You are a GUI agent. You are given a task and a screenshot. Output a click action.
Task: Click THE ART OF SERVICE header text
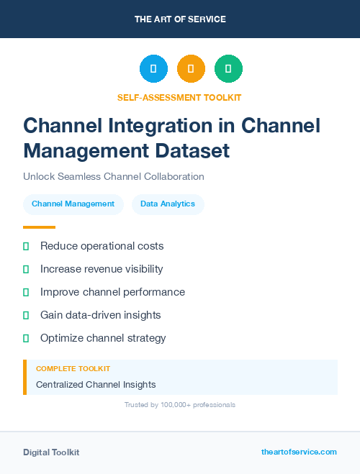point(180,19)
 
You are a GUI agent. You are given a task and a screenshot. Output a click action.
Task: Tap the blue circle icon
point(153,69)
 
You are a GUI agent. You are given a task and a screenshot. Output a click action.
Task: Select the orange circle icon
point(191,69)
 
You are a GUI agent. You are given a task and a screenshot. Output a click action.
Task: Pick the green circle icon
point(228,69)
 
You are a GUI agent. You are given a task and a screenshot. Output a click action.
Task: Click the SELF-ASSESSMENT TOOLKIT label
point(179,97)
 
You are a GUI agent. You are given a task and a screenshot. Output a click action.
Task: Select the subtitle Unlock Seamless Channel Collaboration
point(114,176)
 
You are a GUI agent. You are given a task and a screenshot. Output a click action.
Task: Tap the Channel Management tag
point(73,204)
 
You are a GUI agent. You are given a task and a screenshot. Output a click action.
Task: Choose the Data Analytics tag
point(168,204)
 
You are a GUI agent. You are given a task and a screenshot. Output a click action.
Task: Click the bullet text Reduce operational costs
point(102,246)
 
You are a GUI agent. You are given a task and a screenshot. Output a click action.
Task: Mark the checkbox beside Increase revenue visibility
point(26,269)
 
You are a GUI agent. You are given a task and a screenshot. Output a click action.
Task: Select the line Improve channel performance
point(112,292)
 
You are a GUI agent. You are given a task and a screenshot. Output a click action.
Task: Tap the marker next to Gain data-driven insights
point(26,315)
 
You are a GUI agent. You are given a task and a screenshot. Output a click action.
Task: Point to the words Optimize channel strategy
point(103,338)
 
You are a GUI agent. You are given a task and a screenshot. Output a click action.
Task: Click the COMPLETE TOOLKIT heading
point(73,369)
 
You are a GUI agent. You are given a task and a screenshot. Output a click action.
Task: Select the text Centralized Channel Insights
point(96,385)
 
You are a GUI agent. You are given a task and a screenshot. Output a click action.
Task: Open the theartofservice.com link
point(299,452)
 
